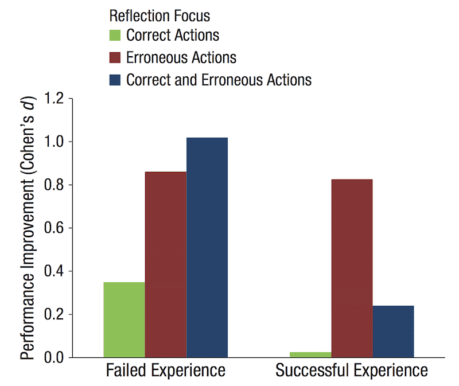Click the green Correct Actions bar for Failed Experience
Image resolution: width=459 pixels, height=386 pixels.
tap(124, 319)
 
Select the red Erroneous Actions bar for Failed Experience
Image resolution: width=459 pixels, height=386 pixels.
tap(165, 264)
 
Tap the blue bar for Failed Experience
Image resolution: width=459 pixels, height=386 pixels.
tap(207, 247)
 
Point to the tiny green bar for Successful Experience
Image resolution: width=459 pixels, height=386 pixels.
tap(310, 354)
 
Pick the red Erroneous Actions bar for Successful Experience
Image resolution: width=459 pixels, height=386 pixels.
tap(352, 268)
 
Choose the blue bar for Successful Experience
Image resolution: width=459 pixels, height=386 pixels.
tap(393, 332)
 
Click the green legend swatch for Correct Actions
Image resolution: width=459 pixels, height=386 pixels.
tap(114, 36)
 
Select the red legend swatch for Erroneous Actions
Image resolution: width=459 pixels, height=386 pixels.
tap(114, 57)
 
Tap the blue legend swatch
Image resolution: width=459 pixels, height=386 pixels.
tap(114, 79)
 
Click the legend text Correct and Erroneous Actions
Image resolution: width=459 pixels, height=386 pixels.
tap(219, 79)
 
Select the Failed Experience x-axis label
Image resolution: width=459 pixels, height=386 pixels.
tap(165, 371)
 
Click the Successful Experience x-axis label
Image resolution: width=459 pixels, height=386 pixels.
tap(352, 371)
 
